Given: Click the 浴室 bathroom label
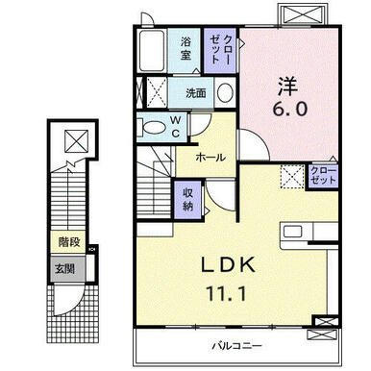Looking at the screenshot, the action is [x=185, y=49].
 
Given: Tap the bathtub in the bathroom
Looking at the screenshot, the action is [x=153, y=51].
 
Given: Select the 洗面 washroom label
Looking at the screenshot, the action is [x=196, y=93].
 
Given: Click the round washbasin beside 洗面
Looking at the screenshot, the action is [x=225, y=92].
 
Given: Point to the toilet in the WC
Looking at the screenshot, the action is [x=152, y=128].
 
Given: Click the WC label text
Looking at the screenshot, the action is [x=175, y=127].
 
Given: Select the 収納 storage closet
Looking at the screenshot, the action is [x=188, y=200].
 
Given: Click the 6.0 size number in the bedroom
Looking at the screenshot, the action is [x=290, y=109].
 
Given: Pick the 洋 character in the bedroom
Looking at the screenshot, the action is [x=287, y=86].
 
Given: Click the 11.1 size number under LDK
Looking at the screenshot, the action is [x=227, y=293].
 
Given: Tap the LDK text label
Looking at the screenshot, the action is [x=228, y=265].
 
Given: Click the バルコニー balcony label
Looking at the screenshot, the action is [x=237, y=346].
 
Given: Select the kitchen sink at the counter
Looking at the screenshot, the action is [x=292, y=232].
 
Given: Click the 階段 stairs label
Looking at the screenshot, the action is [x=69, y=242].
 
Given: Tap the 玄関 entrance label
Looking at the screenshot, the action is [x=64, y=268].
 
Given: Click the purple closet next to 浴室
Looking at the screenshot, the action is [x=220, y=51].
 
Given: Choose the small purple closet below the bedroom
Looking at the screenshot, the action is [x=323, y=176].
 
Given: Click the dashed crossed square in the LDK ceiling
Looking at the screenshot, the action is [x=292, y=176].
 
